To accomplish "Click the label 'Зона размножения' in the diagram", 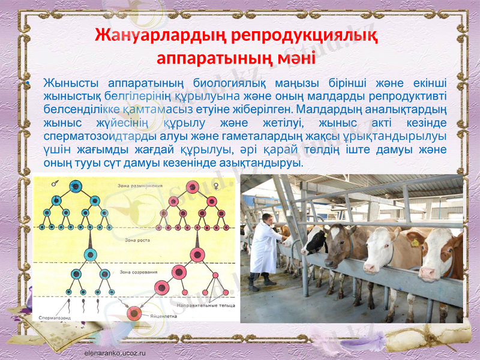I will tap(140, 187).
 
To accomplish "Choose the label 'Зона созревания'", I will tap(139, 272).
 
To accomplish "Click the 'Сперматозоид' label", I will tap(55, 318).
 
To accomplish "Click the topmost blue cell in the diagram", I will tap(76, 187).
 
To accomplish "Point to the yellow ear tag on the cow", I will tap(414, 243).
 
